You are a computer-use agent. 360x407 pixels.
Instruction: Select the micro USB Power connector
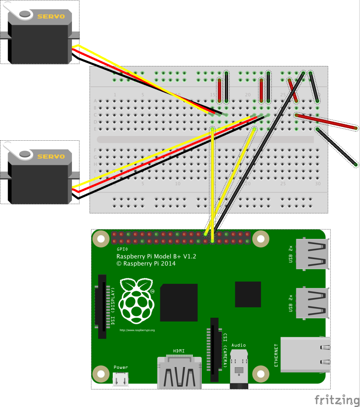pos(121,380)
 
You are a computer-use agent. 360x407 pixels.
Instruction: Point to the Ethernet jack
pos(304,355)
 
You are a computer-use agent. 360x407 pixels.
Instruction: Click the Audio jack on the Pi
pos(239,370)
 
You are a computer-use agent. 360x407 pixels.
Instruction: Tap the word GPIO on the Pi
pos(122,249)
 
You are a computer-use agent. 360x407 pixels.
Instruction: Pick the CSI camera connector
pos(215,349)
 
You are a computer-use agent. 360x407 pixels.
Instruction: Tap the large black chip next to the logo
pos(179,302)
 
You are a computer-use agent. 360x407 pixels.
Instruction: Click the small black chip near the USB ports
pos(248,294)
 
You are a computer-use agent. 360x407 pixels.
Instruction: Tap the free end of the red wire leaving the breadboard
pos(356,128)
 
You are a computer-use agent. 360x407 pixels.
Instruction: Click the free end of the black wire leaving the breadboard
pos(354,163)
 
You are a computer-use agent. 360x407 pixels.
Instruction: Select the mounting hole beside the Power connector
pos(101,374)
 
